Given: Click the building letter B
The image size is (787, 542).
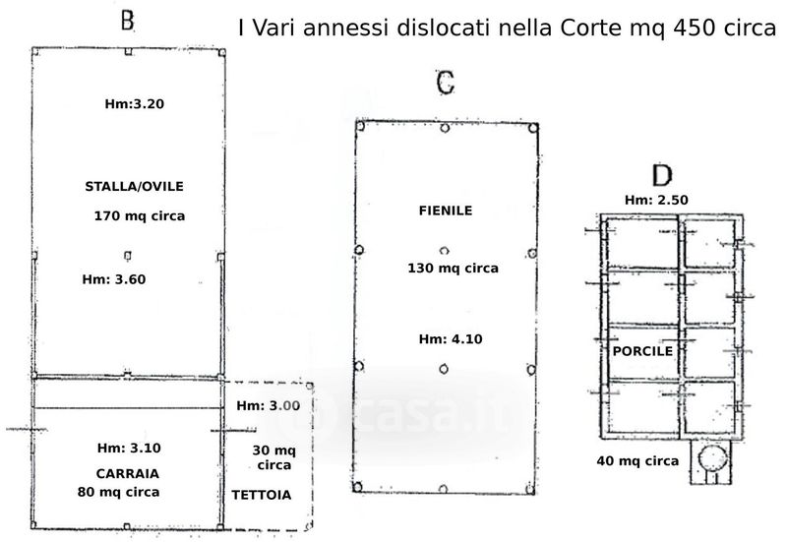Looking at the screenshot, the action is [x=128, y=21].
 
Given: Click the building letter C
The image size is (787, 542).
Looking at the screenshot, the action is [x=446, y=83].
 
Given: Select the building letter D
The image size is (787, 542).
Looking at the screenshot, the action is [x=662, y=175].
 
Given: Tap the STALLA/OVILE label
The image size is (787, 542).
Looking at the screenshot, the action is [x=134, y=187].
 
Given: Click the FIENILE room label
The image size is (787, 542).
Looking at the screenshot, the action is [x=446, y=211].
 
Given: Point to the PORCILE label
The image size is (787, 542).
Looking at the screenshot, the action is [x=642, y=351].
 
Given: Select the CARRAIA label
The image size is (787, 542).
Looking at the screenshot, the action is [x=128, y=474].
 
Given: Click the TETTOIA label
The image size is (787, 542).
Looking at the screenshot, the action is [x=262, y=496].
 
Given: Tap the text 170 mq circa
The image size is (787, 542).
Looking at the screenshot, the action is [x=140, y=216].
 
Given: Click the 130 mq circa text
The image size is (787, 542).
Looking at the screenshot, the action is [x=453, y=268].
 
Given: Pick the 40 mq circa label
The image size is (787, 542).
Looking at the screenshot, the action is [x=637, y=460].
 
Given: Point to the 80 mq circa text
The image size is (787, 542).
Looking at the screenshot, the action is [x=118, y=492].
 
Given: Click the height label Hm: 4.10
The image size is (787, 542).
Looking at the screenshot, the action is [x=451, y=339].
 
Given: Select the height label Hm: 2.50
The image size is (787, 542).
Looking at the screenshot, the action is [x=656, y=200].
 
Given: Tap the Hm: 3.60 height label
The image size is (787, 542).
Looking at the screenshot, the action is [x=114, y=279].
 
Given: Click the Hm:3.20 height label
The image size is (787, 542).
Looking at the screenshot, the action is [x=135, y=104].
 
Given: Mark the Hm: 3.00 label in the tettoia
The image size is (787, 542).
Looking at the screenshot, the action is [x=269, y=406].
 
